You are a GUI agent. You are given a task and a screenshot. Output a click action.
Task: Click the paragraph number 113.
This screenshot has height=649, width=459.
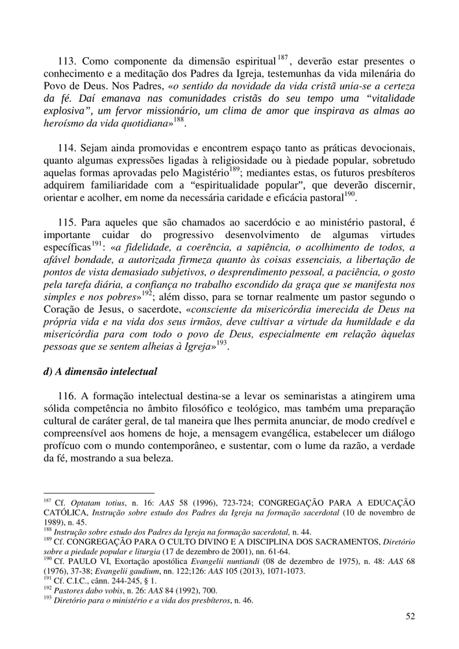pyautogui.click(x=68, y=62)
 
